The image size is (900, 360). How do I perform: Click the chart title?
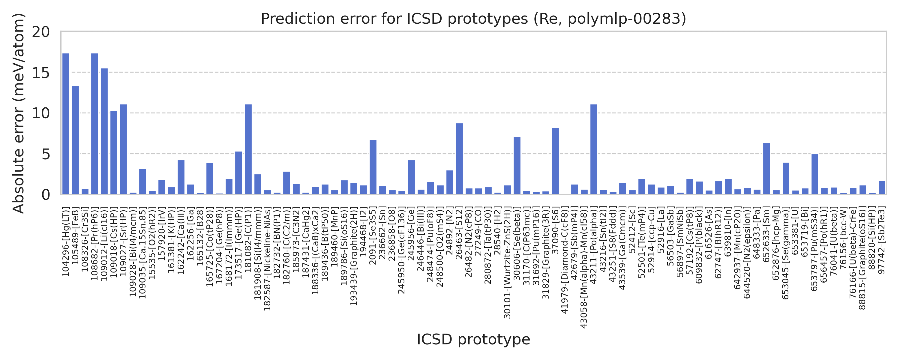[473, 19]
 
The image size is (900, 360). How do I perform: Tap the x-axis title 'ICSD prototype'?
[473, 339]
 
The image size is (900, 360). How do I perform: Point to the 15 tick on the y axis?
[41, 73]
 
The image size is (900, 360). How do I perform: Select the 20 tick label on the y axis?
[41, 32]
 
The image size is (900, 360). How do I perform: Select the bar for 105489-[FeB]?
[76, 140]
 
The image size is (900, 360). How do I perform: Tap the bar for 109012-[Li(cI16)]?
[104, 131]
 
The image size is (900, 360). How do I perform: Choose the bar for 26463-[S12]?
[459, 159]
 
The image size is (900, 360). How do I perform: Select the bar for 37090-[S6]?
[555, 161]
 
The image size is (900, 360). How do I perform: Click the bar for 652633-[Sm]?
[766, 169]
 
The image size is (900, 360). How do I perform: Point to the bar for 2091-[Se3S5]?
[373, 167]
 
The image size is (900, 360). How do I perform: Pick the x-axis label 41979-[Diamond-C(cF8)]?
[565, 261]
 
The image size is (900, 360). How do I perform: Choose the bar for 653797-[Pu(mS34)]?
[814, 174]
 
